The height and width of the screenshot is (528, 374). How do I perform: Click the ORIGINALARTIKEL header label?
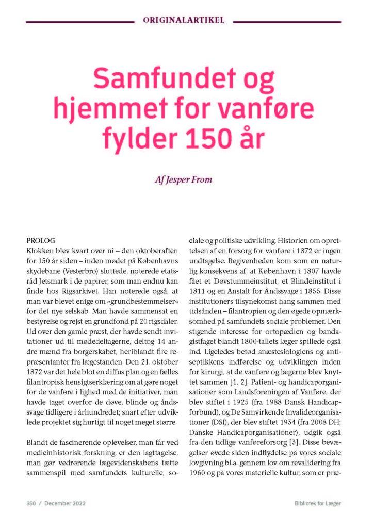pyautogui.click(x=187, y=21)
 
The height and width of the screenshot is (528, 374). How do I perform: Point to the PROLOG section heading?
pyautogui.click(x=40, y=240)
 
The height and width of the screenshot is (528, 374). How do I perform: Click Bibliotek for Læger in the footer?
pyautogui.click(x=314, y=503)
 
